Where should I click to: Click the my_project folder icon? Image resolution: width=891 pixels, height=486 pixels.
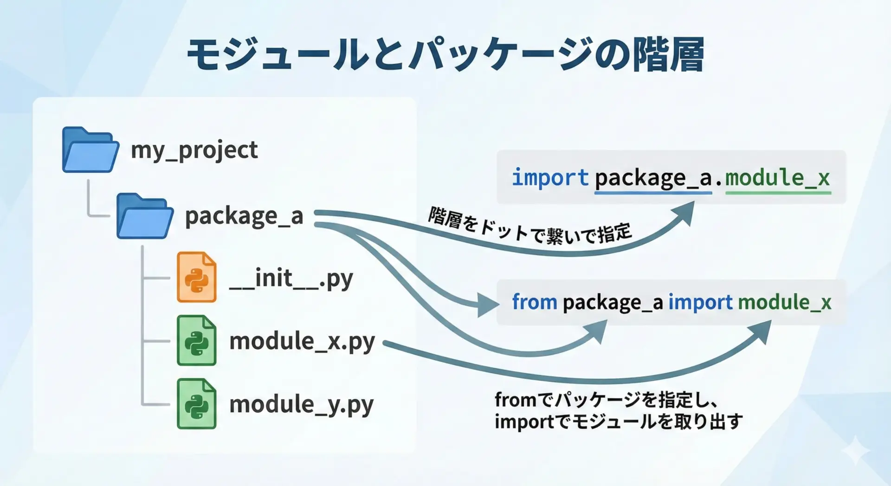(x=90, y=149)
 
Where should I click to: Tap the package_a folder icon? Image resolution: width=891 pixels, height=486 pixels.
(x=145, y=216)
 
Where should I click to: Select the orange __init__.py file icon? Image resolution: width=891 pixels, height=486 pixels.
(x=197, y=277)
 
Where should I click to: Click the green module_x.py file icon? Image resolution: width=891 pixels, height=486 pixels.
(x=197, y=340)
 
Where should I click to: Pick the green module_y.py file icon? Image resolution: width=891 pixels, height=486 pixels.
(x=197, y=404)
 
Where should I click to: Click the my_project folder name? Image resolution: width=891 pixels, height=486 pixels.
(x=194, y=150)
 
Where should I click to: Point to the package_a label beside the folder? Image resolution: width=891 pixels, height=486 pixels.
(x=244, y=217)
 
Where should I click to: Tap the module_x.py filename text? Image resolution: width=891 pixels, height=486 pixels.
(x=302, y=342)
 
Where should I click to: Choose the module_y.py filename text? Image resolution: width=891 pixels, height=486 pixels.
(x=302, y=405)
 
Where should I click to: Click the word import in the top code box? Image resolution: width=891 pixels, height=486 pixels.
(x=550, y=178)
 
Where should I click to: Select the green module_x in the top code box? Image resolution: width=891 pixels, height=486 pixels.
(x=778, y=178)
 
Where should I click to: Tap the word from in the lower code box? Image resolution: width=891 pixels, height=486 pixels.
(x=535, y=302)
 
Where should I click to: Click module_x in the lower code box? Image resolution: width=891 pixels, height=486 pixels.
(x=785, y=303)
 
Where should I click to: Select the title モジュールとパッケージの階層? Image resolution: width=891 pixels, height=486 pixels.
(x=445, y=55)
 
